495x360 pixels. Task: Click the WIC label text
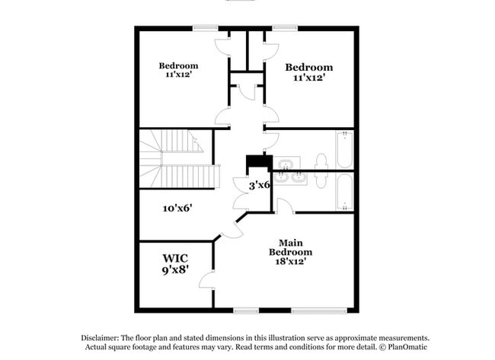(x=175, y=259)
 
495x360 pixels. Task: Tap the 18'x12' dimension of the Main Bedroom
(x=291, y=262)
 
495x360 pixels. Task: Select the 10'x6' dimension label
(x=177, y=208)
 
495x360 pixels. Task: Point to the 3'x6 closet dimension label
(x=260, y=185)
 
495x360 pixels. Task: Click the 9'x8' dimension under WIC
(x=175, y=269)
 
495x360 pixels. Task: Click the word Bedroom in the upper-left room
(x=178, y=65)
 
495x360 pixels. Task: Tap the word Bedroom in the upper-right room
(x=308, y=67)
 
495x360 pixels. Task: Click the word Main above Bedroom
(x=291, y=243)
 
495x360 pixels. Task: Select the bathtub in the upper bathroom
(x=344, y=150)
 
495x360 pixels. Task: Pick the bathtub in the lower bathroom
(x=344, y=192)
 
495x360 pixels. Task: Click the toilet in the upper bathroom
(x=321, y=162)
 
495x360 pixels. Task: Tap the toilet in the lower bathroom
(x=321, y=180)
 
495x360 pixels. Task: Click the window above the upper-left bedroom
(x=205, y=28)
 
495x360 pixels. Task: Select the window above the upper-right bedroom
(x=285, y=28)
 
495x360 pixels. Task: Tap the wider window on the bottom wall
(x=319, y=311)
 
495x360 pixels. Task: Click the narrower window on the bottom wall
(x=246, y=311)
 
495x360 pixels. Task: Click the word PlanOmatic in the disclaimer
(x=407, y=347)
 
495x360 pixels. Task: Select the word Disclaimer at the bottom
(x=100, y=338)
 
